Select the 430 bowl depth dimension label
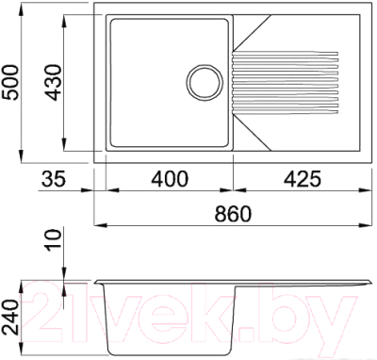48,84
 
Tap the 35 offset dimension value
53,177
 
